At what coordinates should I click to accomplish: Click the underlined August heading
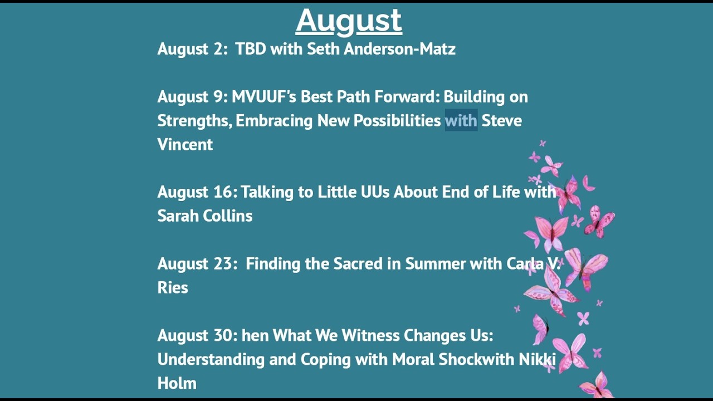[349, 21]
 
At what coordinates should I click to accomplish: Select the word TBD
[251, 49]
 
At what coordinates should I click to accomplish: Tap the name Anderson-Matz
[399, 49]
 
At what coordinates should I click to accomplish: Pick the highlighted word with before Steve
[461, 120]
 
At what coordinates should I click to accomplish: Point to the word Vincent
[185, 144]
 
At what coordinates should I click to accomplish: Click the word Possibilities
[397, 120]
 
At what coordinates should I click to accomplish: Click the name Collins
[228, 216]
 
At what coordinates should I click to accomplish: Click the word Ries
[173, 287]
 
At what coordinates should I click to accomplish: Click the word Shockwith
[476, 359]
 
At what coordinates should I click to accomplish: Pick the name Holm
[177, 383]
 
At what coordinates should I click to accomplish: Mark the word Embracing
[275, 121]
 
